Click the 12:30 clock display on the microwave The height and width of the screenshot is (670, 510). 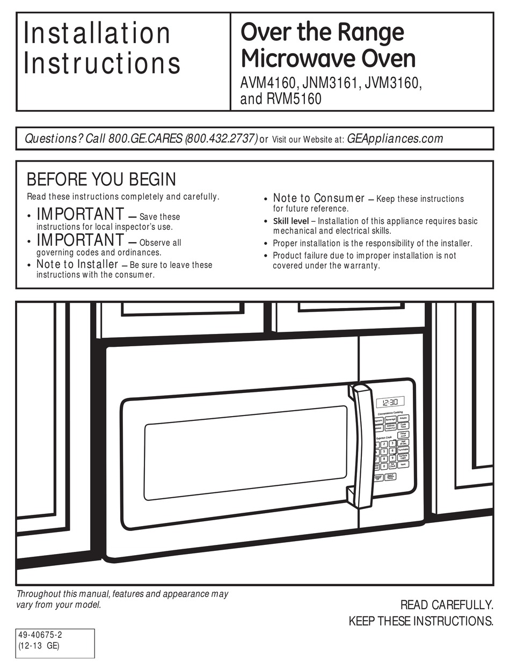click(390, 402)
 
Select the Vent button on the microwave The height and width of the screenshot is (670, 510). click(403, 464)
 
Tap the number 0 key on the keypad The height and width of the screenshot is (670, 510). click(384, 466)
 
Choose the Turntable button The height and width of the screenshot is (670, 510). click(403, 449)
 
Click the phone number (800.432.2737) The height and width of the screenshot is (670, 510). click(221, 139)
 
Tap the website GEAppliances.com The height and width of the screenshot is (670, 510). click(395, 139)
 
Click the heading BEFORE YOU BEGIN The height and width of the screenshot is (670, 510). click(101, 179)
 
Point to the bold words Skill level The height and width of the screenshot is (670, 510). click(290, 221)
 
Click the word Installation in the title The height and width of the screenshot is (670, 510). click(97, 33)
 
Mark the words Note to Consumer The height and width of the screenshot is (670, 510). click(319, 198)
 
